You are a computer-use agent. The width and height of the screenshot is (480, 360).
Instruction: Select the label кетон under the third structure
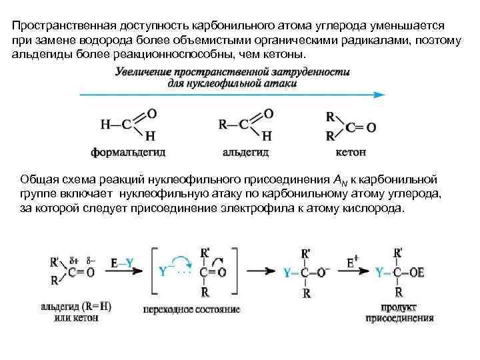[350, 152]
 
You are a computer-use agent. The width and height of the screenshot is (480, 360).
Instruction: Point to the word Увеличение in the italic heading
[146, 71]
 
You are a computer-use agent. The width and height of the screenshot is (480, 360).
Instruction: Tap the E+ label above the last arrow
[354, 263]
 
